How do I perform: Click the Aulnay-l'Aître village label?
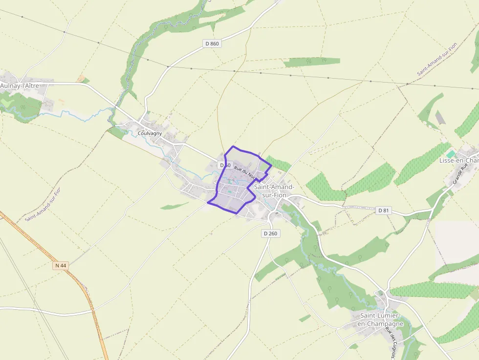point(20,86)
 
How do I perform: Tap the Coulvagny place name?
point(150,133)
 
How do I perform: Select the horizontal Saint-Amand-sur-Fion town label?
point(274,191)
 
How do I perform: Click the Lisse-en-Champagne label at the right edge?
point(458,160)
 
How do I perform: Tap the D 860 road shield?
point(212,43)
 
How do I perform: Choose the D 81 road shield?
point(384,211)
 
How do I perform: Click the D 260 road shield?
point(270,233)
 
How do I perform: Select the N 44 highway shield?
point(60,265)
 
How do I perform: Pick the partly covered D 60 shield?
point(225,165)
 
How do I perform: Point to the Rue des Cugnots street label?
point(390,342)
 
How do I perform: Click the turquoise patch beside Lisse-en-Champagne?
point(450,154)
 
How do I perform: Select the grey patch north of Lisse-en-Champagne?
point(440,117)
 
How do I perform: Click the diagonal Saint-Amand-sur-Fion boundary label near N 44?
point(43,204)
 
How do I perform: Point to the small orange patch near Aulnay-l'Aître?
point(80,79)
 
